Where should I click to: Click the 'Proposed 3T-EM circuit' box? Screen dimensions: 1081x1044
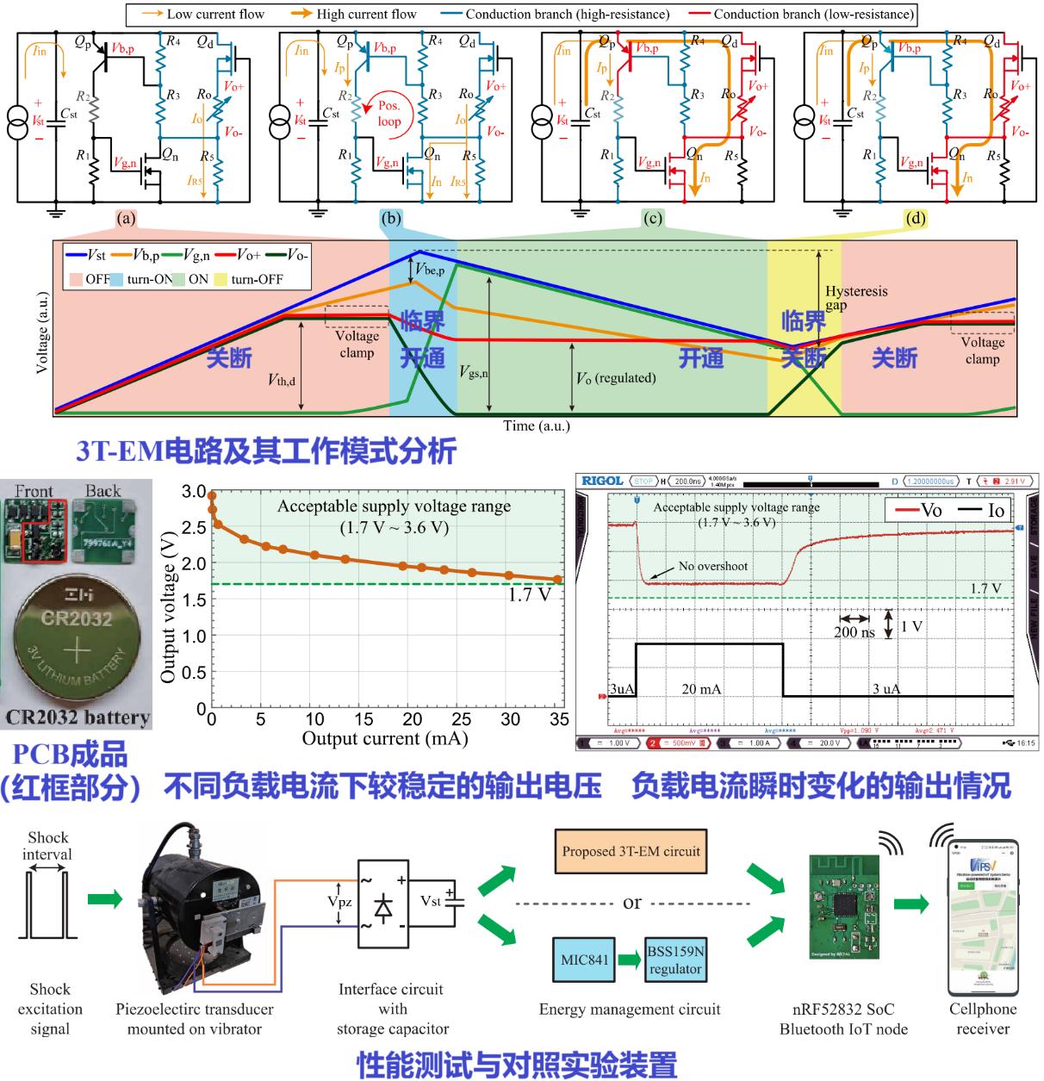pyautogui.click(x=631, y=852)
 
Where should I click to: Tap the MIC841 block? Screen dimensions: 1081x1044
pyautogui.click(x=585, y=960)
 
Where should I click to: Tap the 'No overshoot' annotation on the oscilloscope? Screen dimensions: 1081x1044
pyautogui.click(x=712, y=566)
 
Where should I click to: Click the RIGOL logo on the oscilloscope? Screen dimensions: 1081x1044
pyautogui.click(x=603, y=481)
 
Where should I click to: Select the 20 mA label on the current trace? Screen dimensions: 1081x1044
pyautogui.click(x=703, y=689)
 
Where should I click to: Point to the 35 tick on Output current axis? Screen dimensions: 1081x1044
pyautogui.click(x=559, y=719)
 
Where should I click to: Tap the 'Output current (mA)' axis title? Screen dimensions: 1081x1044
pyautogui.click(x=384, y=738)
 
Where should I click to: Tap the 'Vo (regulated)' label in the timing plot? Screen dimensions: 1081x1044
pyautogui.click(x=616, y=378)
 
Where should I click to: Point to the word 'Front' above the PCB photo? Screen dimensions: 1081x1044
pyautogui.click(x=34, y=492)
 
